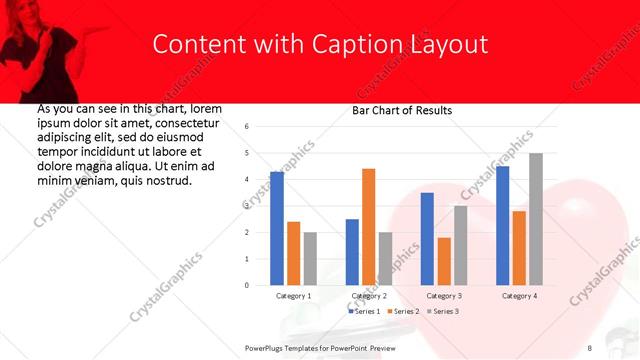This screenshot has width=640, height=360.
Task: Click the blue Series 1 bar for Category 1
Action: point(277,229)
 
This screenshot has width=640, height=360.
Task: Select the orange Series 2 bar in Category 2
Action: point(368,227)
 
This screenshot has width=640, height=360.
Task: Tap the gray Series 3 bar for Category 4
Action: point(536,219)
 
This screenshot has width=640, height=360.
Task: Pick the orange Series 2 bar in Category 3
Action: point(444,261)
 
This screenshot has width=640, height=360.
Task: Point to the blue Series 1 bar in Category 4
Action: point(502,226)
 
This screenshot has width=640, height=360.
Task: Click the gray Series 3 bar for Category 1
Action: point(310,259)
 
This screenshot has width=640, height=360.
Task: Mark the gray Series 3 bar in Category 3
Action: point(460,246)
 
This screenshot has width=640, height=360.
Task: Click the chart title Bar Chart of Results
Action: point(402,110)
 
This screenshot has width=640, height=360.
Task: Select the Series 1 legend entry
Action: point(364,311)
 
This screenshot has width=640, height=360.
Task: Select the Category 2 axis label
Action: point(369,296)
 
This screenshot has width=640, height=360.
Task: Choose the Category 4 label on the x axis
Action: point(519,296)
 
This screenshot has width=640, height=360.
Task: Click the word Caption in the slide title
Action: point(364,45)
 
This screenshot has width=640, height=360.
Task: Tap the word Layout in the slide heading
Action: point(449,45)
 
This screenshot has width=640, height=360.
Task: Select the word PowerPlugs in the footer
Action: point(267,347)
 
